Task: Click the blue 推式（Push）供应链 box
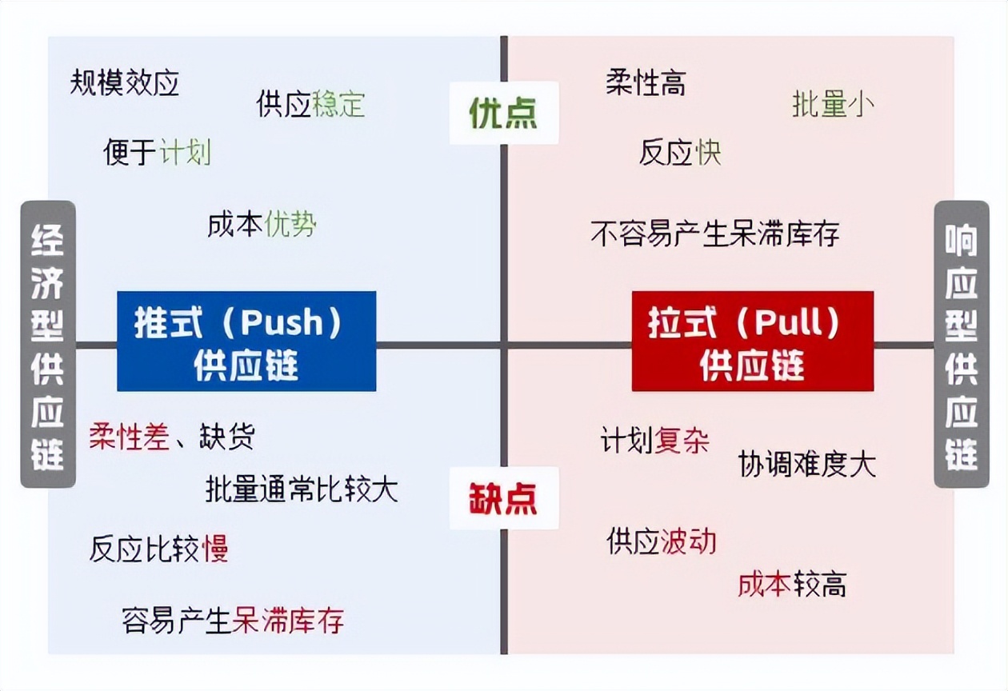pyautogui.click(x=246, y=342)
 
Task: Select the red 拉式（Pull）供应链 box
pyautogui.click(x=752, y=342)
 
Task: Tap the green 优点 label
pyautogui.click(x=503, y=114)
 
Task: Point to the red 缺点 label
pyautogui.click(x=503, y=498)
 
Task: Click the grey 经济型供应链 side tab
pyautogui.click(x=48, y=344)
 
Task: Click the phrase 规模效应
pyautogui.click(x=125, y=82)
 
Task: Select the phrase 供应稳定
pyautogui.click(x=311, y=104)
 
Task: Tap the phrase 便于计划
pyautogui.click(x=158, y=151)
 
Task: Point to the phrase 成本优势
pyautogui.click(x=262, y=225)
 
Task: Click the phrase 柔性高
pyautogui.click(x=646, y=82)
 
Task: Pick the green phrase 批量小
pyautogui.click(x=833, y=104)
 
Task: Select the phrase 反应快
pyautogui.click(x=680, y=152)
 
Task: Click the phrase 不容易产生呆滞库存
pyautogui.click(x=715, y=234)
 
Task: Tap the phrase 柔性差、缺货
pyautogui.click(x=172, y=437)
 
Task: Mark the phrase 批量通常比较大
pyautogui.click(x=302, y=489)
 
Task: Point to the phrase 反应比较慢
pyautogui.click(x=158, y=549)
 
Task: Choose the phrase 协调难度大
pyautogui.click(x=807, y=464)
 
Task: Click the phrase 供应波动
pyautogui.click(x=661, y=541)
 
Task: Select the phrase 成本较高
pyautogui.click(x=792, y=585)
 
